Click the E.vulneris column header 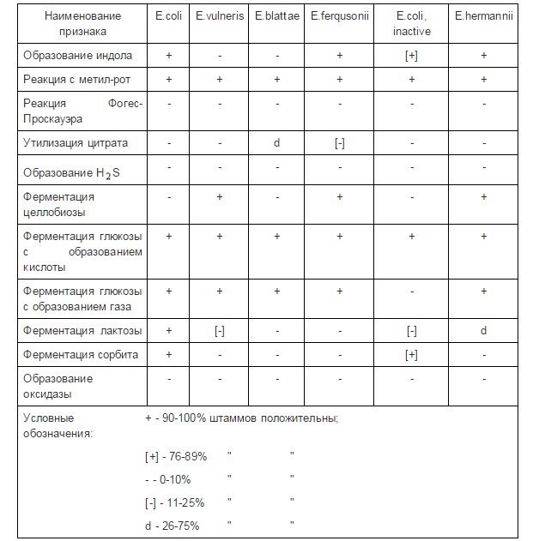tap(221, 16)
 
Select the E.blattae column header tap(277, 16)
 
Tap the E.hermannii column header tap(484, 16)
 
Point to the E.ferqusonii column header tap(340, 16)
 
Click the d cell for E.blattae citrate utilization tap(277, 143)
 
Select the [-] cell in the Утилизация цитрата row tap(340, 143)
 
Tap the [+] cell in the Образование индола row tap(412, 56)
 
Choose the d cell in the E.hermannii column tap(484, 331)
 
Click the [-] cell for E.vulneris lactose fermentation tap(221, 331)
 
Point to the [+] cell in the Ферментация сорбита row tap(412, 354)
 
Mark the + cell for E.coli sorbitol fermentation tap(168, 354)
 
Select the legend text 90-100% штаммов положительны tap(250, 418)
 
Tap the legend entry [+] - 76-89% tap(177, 455)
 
